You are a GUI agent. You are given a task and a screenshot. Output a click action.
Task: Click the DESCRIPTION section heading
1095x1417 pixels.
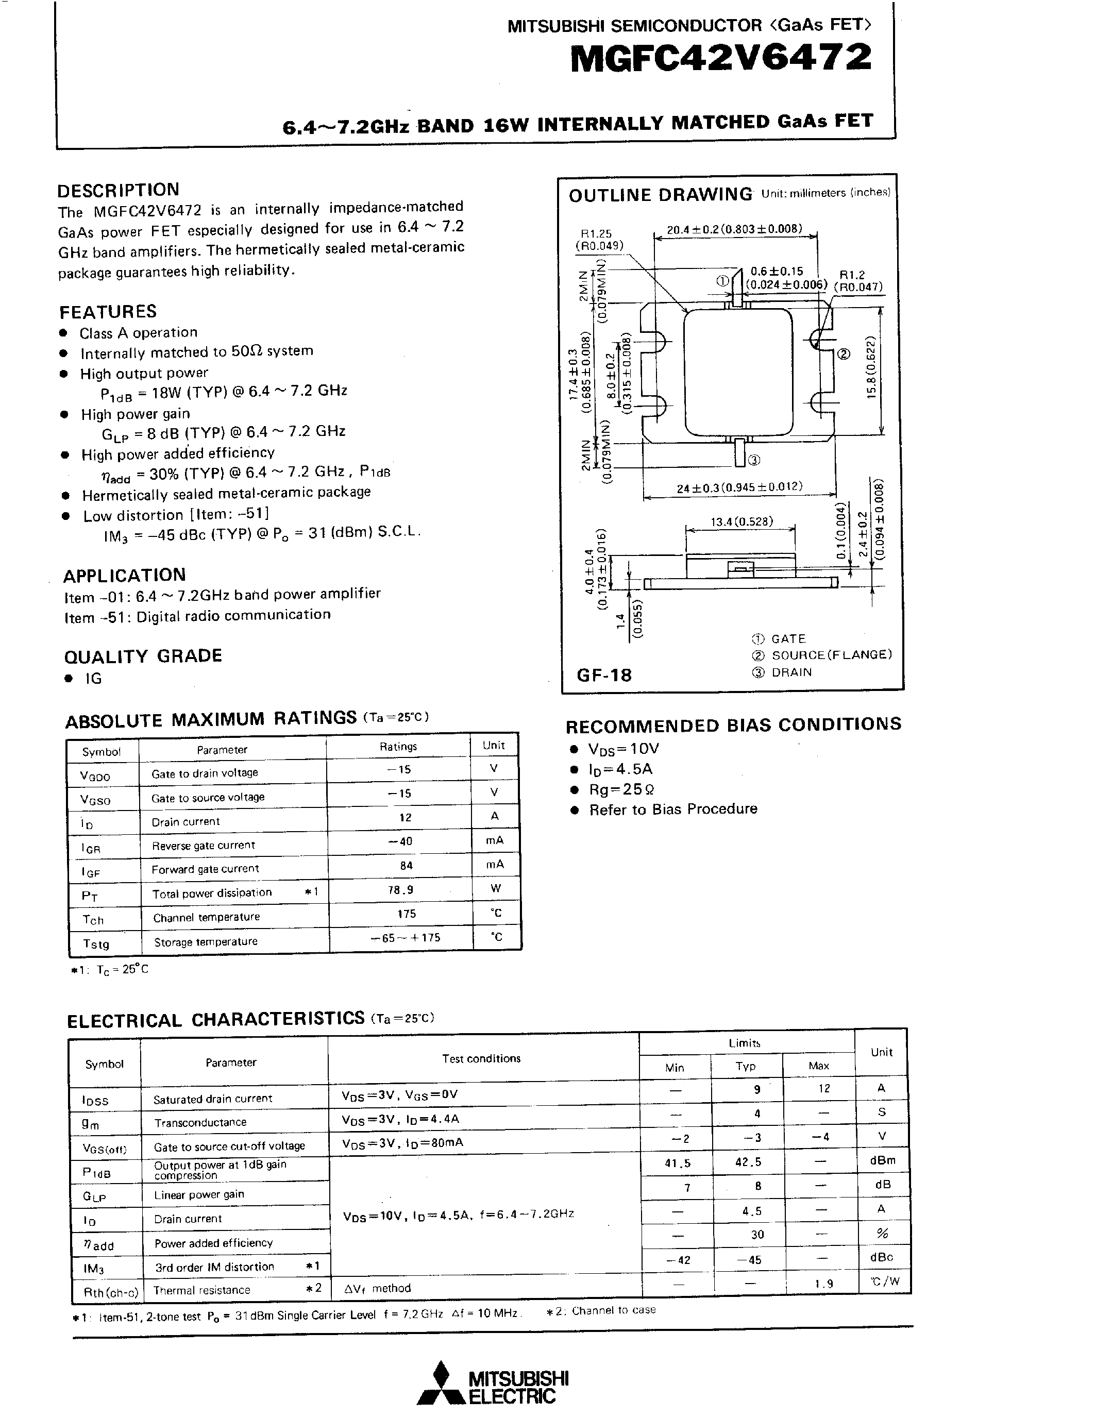[118, 190]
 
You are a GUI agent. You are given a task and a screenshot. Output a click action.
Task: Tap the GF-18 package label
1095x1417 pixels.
[604, 676]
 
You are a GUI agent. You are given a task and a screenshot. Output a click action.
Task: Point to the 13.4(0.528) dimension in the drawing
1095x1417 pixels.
[742, 521]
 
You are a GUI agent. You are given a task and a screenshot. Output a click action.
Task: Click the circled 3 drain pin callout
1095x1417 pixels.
[754, 460]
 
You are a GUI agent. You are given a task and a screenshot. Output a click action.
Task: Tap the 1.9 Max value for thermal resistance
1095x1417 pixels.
[824, 1284]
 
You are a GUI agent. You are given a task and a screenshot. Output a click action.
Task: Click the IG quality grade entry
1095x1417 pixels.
[93, 679]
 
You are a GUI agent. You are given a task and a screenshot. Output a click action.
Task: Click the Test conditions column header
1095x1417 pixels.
[481, 1058]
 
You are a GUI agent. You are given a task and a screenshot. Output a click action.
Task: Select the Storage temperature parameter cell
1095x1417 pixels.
[206, 941]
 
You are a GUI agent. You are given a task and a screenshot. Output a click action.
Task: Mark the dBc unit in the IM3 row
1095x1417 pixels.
[882, 1257]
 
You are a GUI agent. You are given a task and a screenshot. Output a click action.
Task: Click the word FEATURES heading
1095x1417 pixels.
[108, 311]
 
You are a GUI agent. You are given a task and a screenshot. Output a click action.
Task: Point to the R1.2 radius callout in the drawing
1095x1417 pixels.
[851, 275]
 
